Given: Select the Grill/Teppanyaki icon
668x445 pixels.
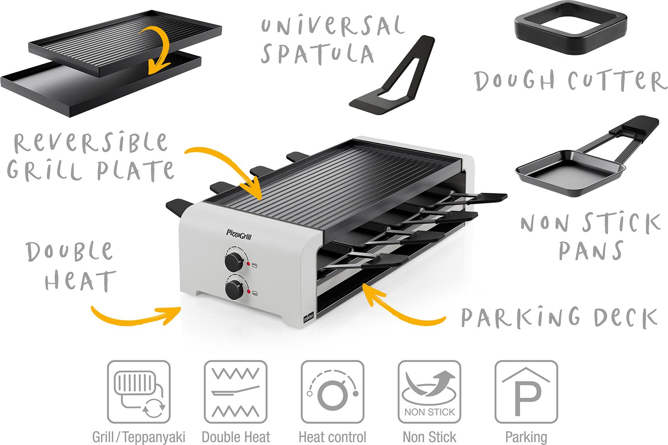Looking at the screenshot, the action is [139, 392].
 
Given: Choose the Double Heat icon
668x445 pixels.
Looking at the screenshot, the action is [236, 392].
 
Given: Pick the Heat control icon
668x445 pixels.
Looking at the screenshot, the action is [332, 392].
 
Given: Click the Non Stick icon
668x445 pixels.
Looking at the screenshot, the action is [429, 392].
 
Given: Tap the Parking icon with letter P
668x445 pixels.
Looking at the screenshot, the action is [526, 392].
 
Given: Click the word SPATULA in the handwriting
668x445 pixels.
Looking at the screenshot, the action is [317, 54].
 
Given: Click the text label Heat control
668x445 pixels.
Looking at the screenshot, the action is [332, 437].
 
